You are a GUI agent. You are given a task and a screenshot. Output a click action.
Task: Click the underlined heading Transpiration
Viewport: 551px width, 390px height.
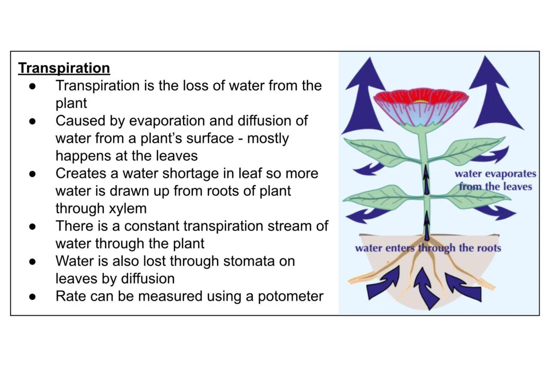point(64,68)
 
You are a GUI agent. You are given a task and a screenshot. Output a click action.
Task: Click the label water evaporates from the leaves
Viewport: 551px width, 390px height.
point(495,180)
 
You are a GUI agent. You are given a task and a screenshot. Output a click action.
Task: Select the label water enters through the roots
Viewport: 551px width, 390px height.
point(428,248)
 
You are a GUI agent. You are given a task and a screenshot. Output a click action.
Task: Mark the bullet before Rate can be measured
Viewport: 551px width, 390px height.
point(32,296)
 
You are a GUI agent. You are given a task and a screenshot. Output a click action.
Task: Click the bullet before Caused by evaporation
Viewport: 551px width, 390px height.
point(32,121)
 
